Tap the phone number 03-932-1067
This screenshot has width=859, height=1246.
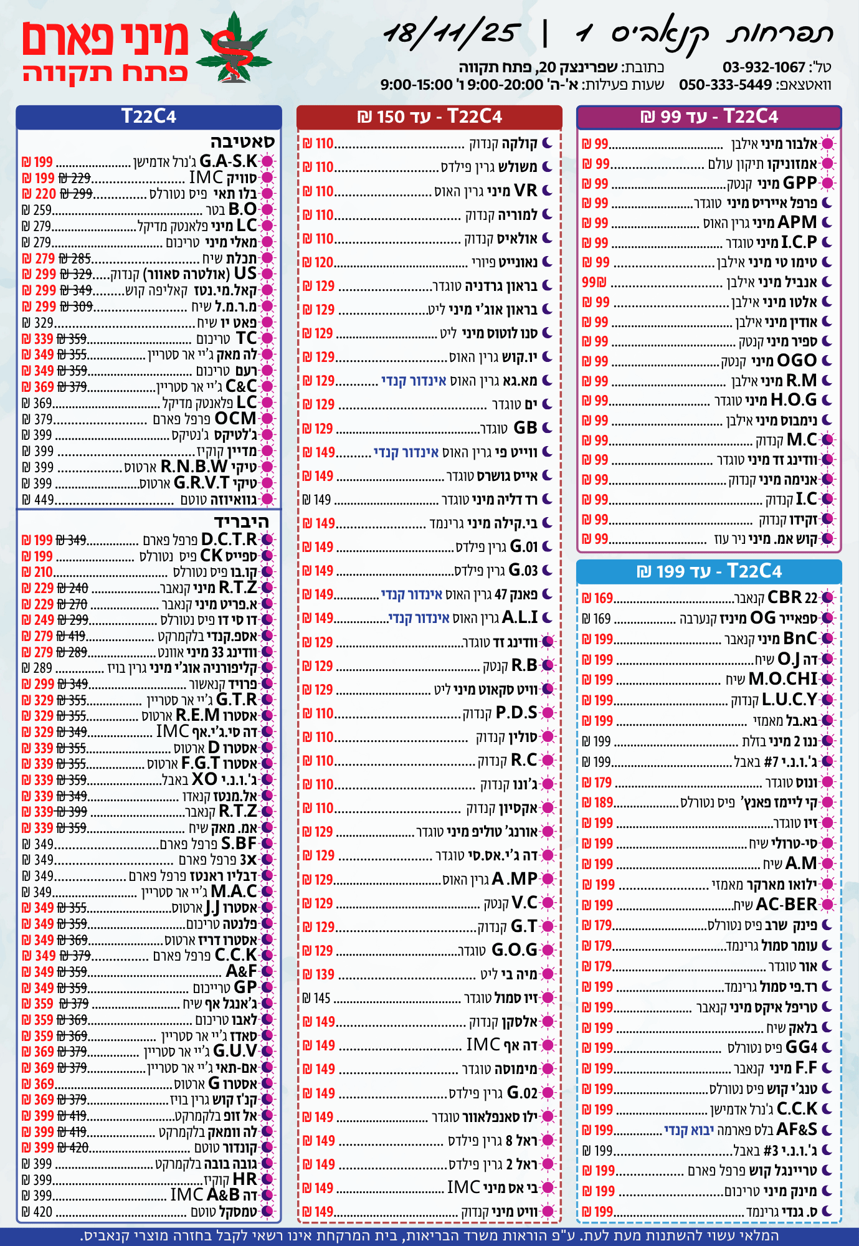point(764,67)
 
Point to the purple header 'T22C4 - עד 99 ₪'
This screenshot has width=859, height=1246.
point(709,117)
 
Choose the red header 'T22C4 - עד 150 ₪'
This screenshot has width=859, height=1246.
point(429,117)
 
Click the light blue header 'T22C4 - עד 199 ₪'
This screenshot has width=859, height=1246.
point(709,571)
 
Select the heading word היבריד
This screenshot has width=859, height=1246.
point(241,521)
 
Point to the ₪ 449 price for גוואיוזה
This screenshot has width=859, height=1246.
point(38,500)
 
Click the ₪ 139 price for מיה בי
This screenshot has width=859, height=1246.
point(318,974)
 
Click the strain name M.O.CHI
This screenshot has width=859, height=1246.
point(782,679)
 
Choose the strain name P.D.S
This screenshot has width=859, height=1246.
point(516,713)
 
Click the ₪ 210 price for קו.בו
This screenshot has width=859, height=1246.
point(37,572)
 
